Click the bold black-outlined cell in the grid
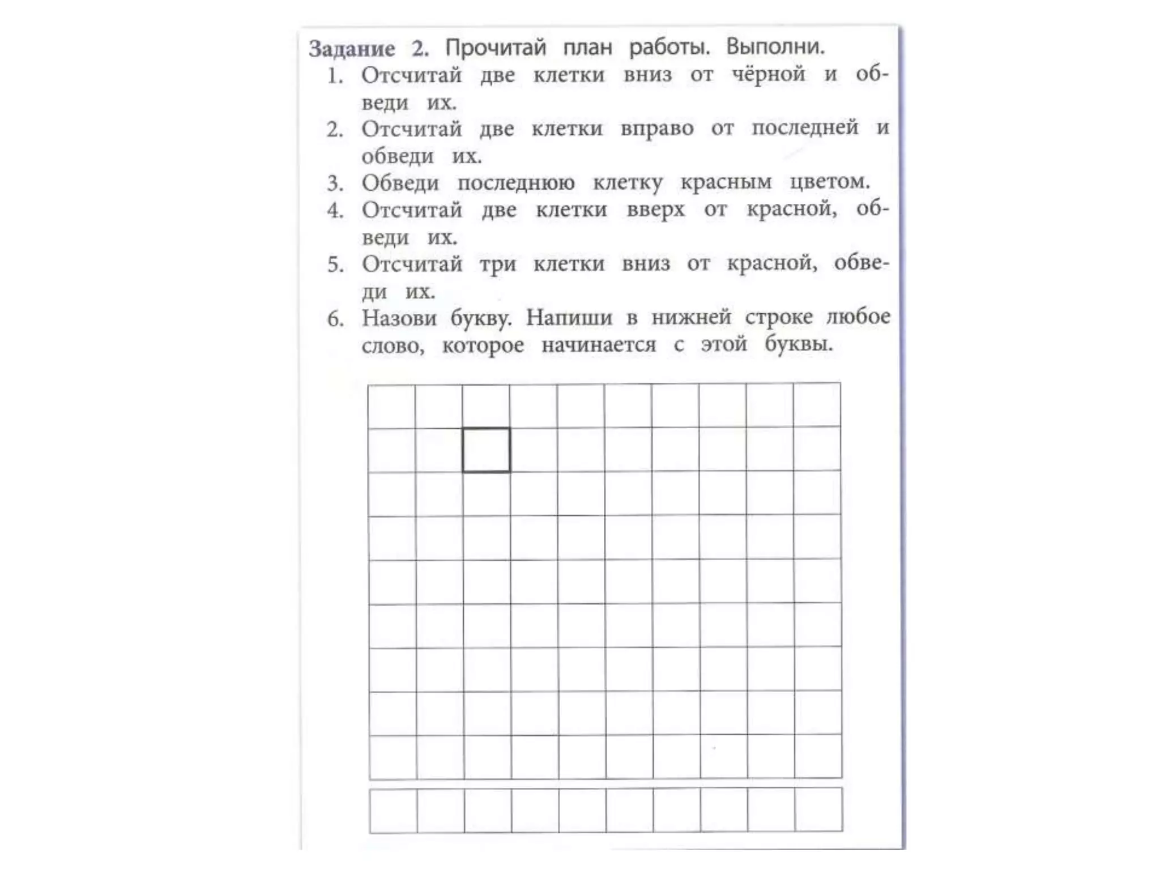tap(486, 450)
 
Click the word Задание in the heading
tap(352, 49)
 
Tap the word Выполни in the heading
tap(774, 46)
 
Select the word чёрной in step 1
tap(768, 74)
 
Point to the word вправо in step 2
tap(656, 129)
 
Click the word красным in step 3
tap(726, 182)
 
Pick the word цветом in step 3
tap(829, 181)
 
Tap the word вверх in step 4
tap(655, 210)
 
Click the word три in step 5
tap(497, 265)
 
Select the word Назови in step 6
tap(399, 318)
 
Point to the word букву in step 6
tap(480, 318)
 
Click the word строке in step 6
tap(778, 317)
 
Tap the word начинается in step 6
tap(598, 344)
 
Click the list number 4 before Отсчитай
tap(335, 211)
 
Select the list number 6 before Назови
tap(335, 319)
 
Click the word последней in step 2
tap(804, 128)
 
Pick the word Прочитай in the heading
tap(495, 48)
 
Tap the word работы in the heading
tap(668, 47)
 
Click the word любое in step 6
tap(858, 316)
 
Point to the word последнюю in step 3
tap(515, 183)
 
